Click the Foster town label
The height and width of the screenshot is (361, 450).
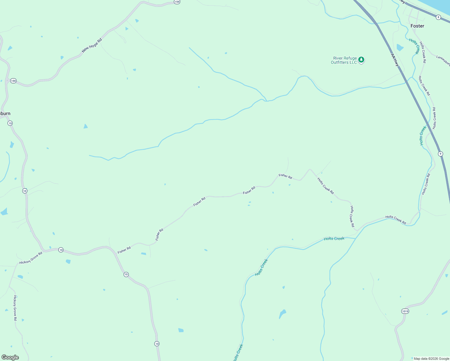(x=417, y=26)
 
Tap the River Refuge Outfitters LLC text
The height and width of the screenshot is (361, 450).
(x=344, y=60)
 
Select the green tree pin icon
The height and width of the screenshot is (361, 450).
(x=362, y=60)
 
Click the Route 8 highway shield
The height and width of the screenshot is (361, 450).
(x=438, y=17)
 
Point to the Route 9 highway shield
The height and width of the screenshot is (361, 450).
(x=440, y=154)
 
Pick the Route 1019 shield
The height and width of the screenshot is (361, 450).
(x=405, y=311)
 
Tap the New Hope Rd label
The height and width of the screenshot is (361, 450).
(x=92, y=45)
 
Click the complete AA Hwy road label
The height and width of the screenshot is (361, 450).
(x=395, y=60)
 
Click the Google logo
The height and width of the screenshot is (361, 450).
(x=10, y=357)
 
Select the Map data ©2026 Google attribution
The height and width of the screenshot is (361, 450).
(x=431, y=359)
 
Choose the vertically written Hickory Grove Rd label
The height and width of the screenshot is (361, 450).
(x=15, y=308)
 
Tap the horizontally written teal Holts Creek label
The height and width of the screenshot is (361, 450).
(x=334, y=239)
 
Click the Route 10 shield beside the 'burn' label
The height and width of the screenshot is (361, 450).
(x=10, y=123)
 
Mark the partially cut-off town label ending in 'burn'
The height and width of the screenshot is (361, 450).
(x=5, y=113)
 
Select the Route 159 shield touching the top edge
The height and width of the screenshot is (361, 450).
(x=177, y=2)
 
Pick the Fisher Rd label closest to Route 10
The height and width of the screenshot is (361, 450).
(x=124, y=250)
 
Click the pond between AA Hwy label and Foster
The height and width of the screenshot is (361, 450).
(x=400, y=48)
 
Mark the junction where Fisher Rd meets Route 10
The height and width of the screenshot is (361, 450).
(x=111, y=248)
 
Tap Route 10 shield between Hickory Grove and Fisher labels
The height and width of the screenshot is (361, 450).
(x=61, y=250)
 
